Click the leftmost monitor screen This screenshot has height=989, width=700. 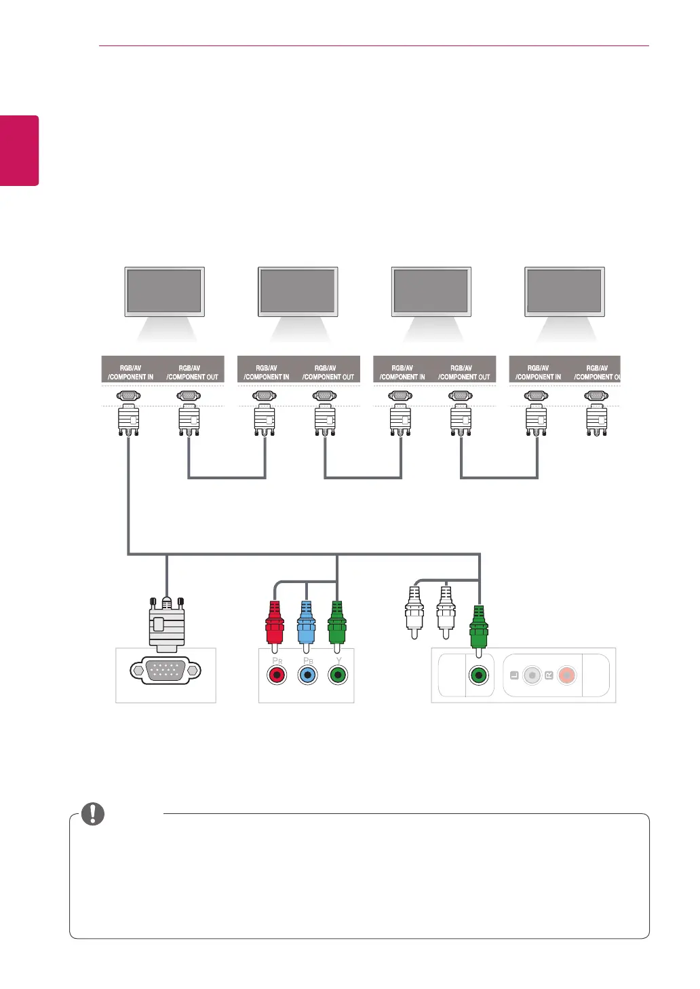pyautogui.click(x=164, y=291)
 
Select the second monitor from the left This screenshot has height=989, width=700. pyautogui.click(x=298, y=291)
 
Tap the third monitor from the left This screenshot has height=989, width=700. pyautogui.click(x=431, y=291)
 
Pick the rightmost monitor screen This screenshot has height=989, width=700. pyautogui.click(x=564, y=291)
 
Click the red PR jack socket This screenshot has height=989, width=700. pyautogui.click(x=277, y=675)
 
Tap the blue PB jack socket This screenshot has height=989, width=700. pyautogui.click(x=308, y=675)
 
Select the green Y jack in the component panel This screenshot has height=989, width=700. pyautogui.click(x=338, y=675)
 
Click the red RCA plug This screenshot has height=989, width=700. pyautogui.click(x=275, y=622)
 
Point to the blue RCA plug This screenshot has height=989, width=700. pyautogui.click(x=306, y=622)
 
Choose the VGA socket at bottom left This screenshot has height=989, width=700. pyautogui.click(x=166, y=671)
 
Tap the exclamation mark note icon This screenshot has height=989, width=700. pyautogui.click(x=93, y=813)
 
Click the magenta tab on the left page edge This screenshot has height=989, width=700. pyautogui.click(x=19, y=151)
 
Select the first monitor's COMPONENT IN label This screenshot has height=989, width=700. pyautogui.click(x=130, y=373)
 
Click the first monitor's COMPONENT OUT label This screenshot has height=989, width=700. pyautogui.click(x=192, y=373)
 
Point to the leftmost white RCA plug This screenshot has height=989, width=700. pyautogui.click(x=414, y=611)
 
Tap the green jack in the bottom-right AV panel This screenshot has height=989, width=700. pyautogui.click(x=479, y=675)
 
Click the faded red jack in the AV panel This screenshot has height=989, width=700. pyautogui.click(x=566, y=675)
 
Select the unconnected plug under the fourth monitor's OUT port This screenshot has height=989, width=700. pyautogui.click(x=597, y=420)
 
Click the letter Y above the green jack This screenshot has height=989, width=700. pyautogui.click(x=339, y=660)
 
